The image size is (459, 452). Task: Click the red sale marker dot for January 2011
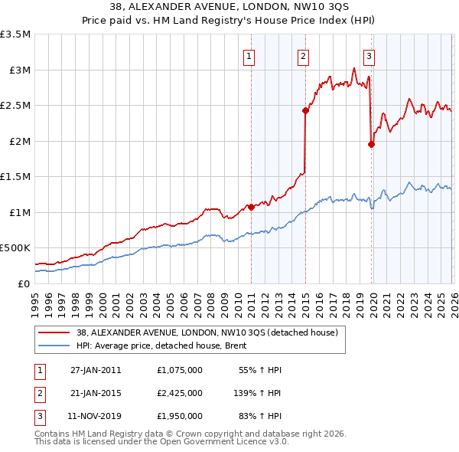click(251, 207)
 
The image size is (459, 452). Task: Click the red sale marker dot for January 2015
click(305, 110)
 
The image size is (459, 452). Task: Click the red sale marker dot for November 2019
click(372, 144)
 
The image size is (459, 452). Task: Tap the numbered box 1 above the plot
click(250, 55)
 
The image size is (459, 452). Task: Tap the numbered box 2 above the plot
click(304, 55)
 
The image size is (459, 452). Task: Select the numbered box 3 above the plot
click(369, 55)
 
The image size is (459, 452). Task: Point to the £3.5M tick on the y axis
click(15, 34)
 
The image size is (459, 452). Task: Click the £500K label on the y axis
click(15, 248)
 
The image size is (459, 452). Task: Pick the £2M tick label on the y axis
click(18, 141)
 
